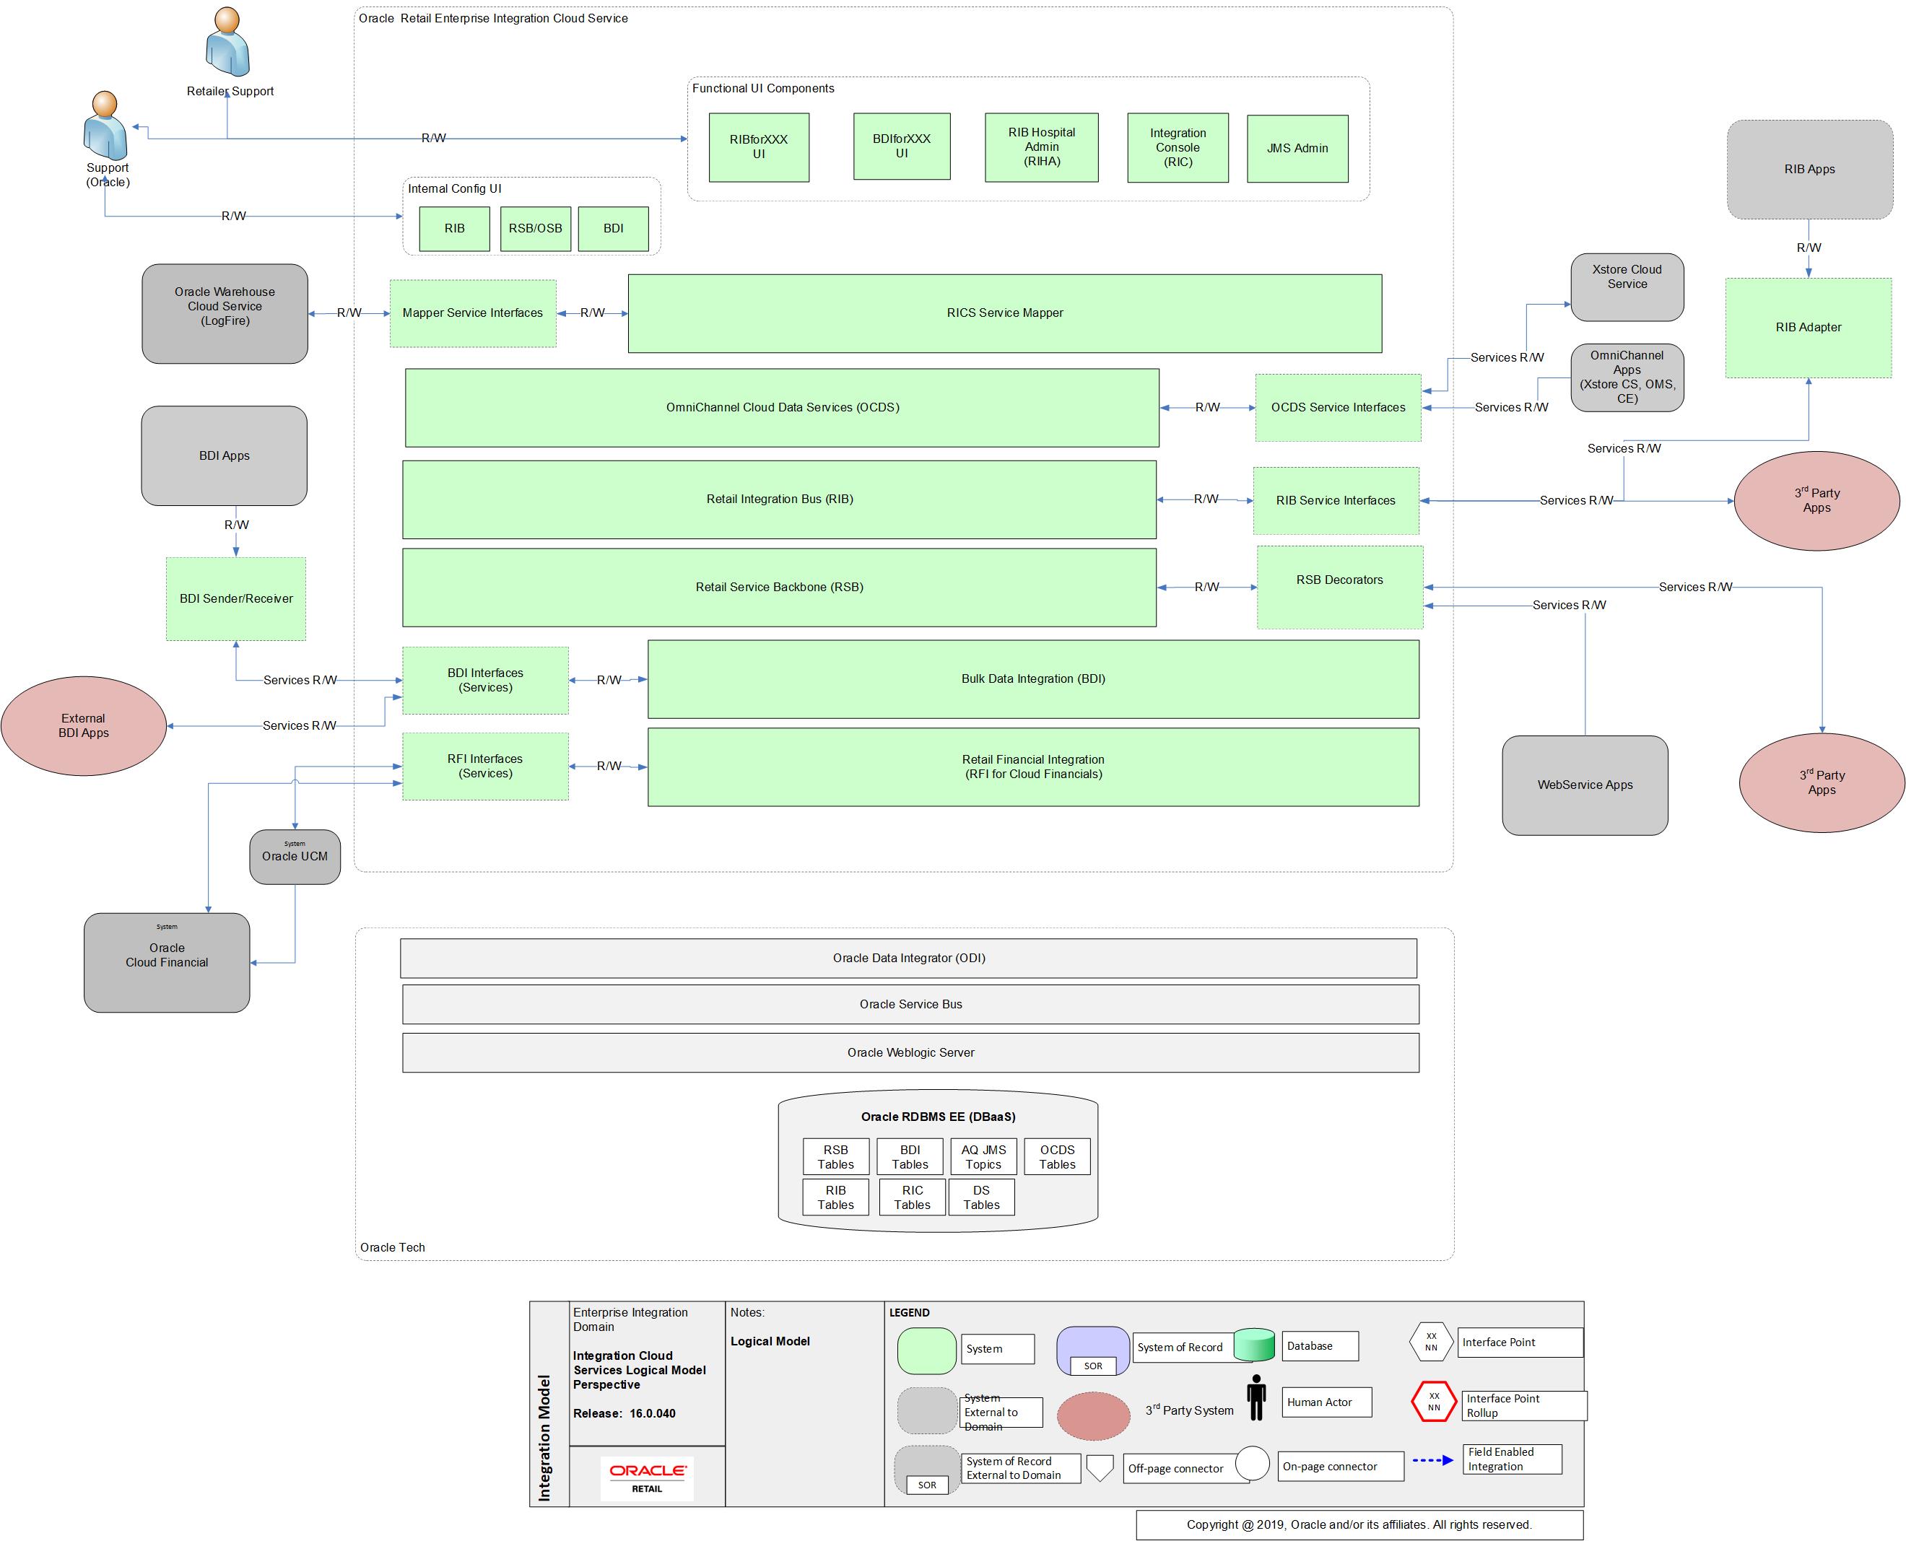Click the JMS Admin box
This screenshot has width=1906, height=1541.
[1296, 148]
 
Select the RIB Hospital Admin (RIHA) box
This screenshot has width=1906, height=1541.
[1040, 147]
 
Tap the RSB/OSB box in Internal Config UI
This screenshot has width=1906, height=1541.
[534, 228]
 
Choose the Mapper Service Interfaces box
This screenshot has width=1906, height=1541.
[472, 313]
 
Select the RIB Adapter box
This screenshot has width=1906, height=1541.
[1808, 328]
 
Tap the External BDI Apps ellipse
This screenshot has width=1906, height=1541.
[84, 725]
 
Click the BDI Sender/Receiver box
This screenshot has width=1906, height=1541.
[235, 598]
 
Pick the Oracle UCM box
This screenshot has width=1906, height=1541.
[295, 856]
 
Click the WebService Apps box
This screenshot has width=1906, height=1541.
[1584, 785]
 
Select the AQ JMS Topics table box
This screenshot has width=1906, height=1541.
[983, 1156]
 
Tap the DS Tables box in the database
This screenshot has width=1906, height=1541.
[980, 1197]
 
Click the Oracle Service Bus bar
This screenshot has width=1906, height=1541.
[910, 1004]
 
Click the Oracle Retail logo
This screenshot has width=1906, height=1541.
[646, 1477]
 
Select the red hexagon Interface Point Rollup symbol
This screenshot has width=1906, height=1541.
[1433, 1401]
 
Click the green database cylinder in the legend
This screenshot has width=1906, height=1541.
[1253, 1345]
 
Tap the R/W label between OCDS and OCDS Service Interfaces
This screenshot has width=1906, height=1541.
[1206, 407]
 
